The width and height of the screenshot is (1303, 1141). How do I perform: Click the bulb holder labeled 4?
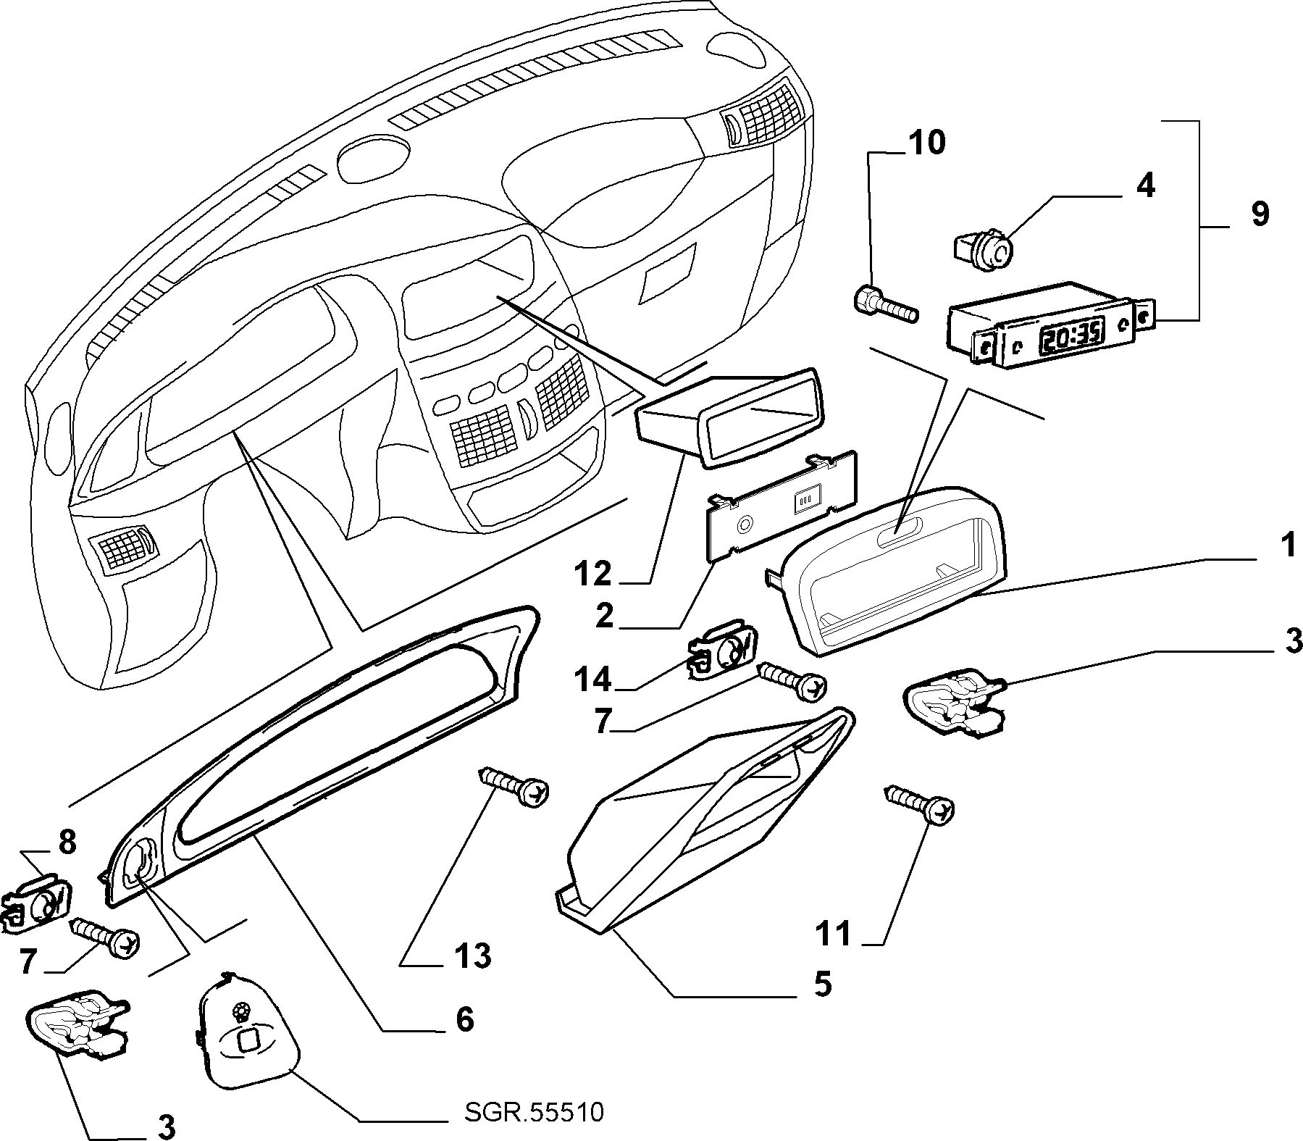tap(983, 251)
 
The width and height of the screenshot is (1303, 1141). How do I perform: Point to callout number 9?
tap(1260, 214)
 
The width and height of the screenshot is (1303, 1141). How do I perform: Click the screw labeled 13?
tap(514, 787)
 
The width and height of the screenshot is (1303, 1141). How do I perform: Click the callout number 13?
tap(473, 956)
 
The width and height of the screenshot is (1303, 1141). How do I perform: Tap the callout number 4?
tap(1144, 187)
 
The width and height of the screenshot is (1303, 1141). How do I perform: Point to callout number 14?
tap(593, 680)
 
